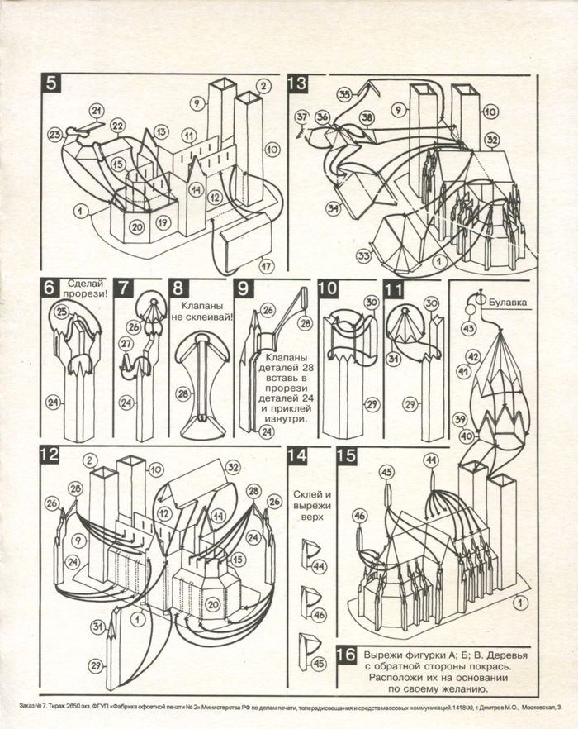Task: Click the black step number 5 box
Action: pos(51,84)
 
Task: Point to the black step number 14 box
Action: pos(296,455)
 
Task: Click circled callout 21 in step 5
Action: pos(97,111)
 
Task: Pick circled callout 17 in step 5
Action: pos(266,267)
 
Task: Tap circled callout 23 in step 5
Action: pos(55,135)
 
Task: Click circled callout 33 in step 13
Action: pos(363,256)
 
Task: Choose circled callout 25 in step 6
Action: pos(61,312)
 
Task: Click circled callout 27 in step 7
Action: pos(126,343)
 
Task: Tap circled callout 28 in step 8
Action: pos(181,393)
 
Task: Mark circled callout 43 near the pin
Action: pos(469,329)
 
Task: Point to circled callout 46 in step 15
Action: pos(360,516)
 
